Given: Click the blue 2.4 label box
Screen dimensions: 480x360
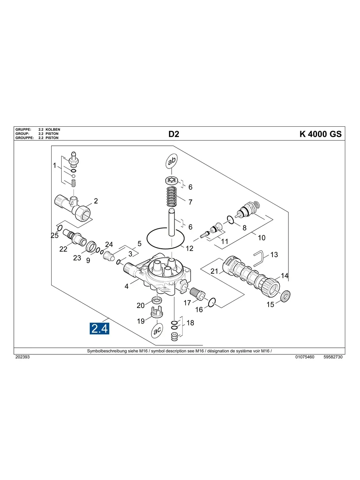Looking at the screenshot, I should [100, 329].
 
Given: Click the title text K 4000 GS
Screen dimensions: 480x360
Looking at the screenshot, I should [320, 134].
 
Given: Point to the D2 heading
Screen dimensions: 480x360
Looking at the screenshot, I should [174, 134].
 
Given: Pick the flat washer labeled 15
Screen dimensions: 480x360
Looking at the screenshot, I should [285, 296].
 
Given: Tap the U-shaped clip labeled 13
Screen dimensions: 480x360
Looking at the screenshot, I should [258, 257].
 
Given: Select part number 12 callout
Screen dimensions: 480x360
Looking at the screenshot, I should [190, 248].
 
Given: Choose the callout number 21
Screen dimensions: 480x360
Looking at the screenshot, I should [215, 271].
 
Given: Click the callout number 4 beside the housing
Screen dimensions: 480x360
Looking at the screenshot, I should [126, 286].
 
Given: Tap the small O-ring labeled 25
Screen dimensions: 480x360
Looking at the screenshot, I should [60, 228].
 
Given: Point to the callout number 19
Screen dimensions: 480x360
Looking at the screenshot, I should [141, 321].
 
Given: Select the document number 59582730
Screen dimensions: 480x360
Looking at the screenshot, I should [333, 357].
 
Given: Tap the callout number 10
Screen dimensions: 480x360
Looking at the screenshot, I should [261, 238].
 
